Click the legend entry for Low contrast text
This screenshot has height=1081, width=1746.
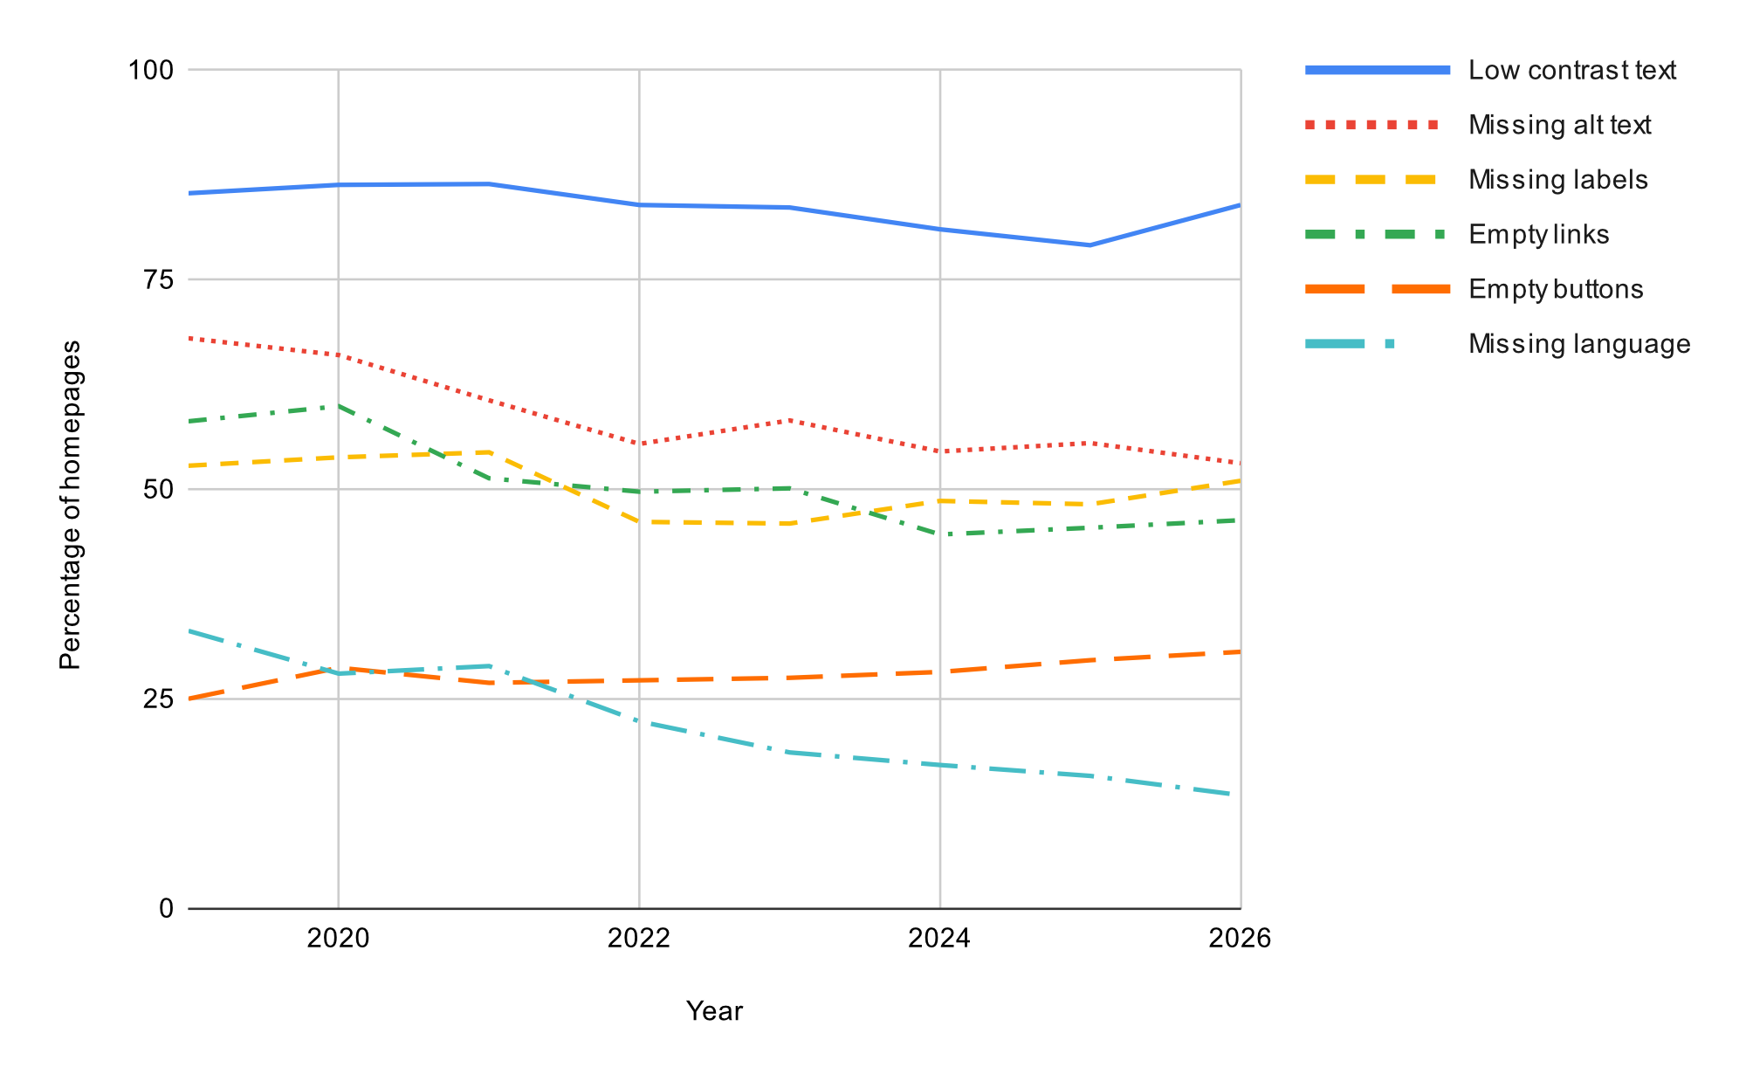click(x=1571, y=71)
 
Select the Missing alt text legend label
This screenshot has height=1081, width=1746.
click(x=1559, y=125)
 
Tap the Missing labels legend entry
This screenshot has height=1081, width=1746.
click(x=1557, y=180)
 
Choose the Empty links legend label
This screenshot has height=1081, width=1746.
click(x=1538, y=235)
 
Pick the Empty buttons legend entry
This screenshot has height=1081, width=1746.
click(x=1556, y=289)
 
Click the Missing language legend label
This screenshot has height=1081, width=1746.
click(x=1578, y=344)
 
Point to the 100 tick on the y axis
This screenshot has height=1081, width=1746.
click(x=151, y=70)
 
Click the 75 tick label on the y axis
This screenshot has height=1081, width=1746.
click(x=158, y=279)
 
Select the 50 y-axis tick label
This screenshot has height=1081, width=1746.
click(x=158, y=489)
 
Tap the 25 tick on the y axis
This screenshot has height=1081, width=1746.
click(x=158, y=699)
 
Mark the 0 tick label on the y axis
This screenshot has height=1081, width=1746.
click(x=166, y=909)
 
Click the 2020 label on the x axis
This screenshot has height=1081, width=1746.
click(x=338, y=939)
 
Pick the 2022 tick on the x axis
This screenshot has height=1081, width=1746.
click(x=639, y=939)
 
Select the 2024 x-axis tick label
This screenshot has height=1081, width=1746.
click(x=939, y=939)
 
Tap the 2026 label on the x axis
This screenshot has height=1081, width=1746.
click(x=1240, y=939)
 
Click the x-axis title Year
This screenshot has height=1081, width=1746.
click(x=714, y=1011)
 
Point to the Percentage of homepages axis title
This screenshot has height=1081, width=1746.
click(x=70, y=505)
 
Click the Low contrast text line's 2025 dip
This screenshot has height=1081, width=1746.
click(x=1090, y=245)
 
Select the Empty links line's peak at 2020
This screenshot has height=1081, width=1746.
click(x=338, y=405)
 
